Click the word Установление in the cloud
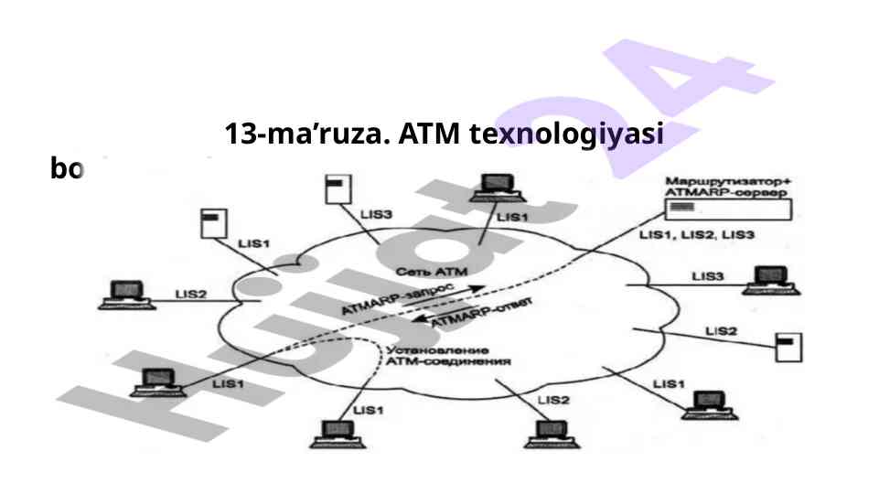point(437,350)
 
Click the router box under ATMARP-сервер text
point(728,209)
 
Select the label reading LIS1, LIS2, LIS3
point(696,235)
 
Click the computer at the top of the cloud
point(493,188)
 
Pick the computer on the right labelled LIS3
point(764,280)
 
